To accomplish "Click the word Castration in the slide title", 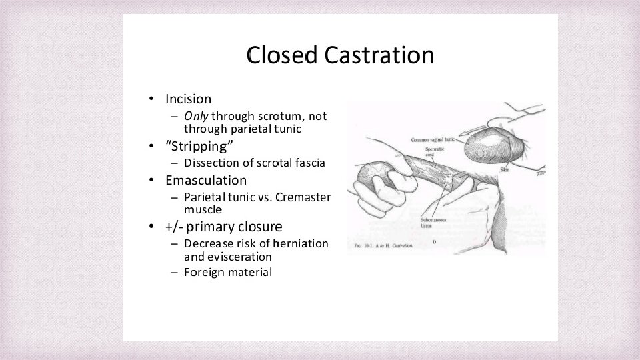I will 379,55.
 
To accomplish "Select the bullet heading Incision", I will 188,99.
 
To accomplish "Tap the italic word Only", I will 196,116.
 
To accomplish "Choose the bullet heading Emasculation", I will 206,180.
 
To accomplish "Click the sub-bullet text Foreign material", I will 228,272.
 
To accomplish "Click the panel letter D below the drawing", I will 434,241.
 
